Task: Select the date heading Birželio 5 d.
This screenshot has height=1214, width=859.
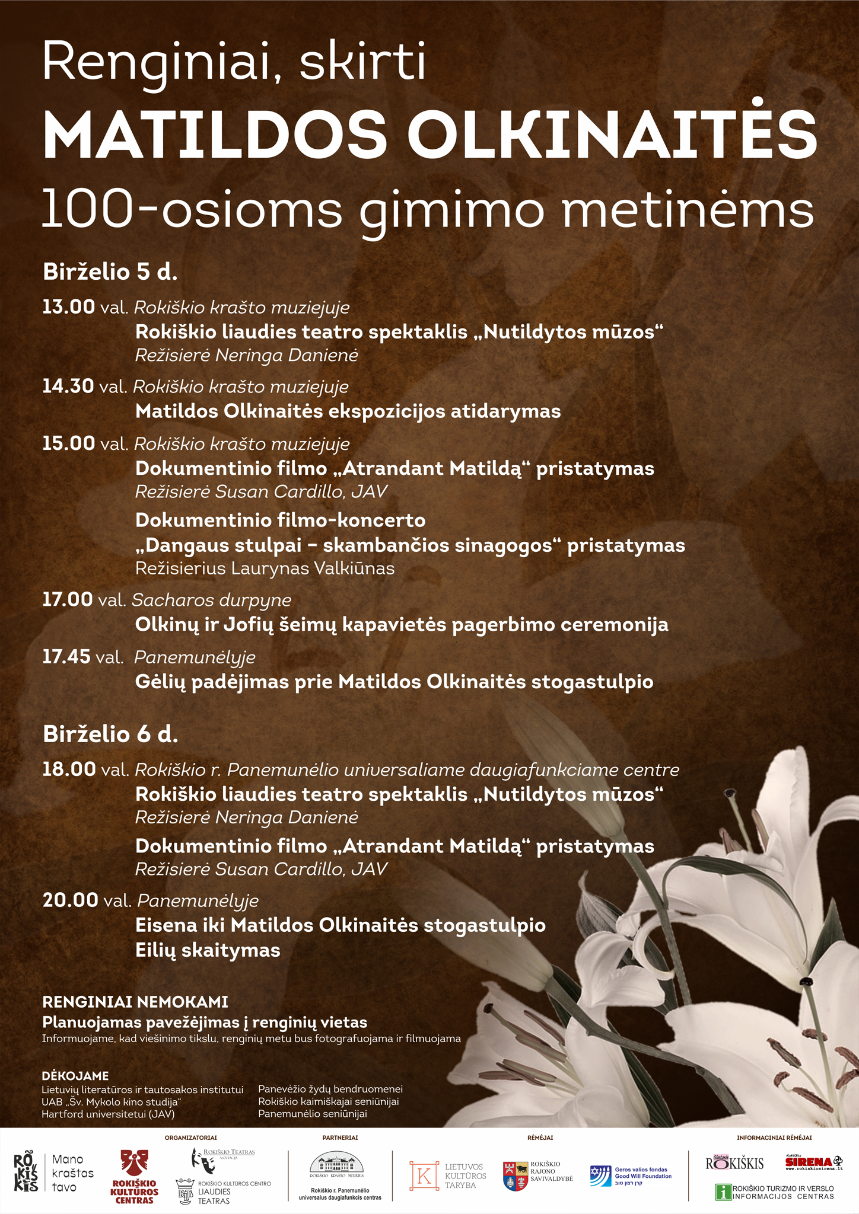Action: coord(110,272)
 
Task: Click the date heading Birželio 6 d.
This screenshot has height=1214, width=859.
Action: coord(110,734)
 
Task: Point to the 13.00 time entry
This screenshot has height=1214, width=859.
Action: coord(68,307)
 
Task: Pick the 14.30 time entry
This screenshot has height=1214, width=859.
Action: coord(68,386)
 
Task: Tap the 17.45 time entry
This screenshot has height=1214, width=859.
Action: coord(66,657)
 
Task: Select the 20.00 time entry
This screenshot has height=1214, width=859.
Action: coord(70,900)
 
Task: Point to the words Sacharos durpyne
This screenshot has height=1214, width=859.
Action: coord(212,600)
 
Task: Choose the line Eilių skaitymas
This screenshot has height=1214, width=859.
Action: coord(208,950)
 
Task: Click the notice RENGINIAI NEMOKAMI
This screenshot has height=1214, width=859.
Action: coord(135,1002)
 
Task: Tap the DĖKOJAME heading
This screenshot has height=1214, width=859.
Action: coord(75,1076)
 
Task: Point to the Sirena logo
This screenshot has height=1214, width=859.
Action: coord(813,1162)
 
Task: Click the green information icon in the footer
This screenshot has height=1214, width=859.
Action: coord(723,1192)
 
